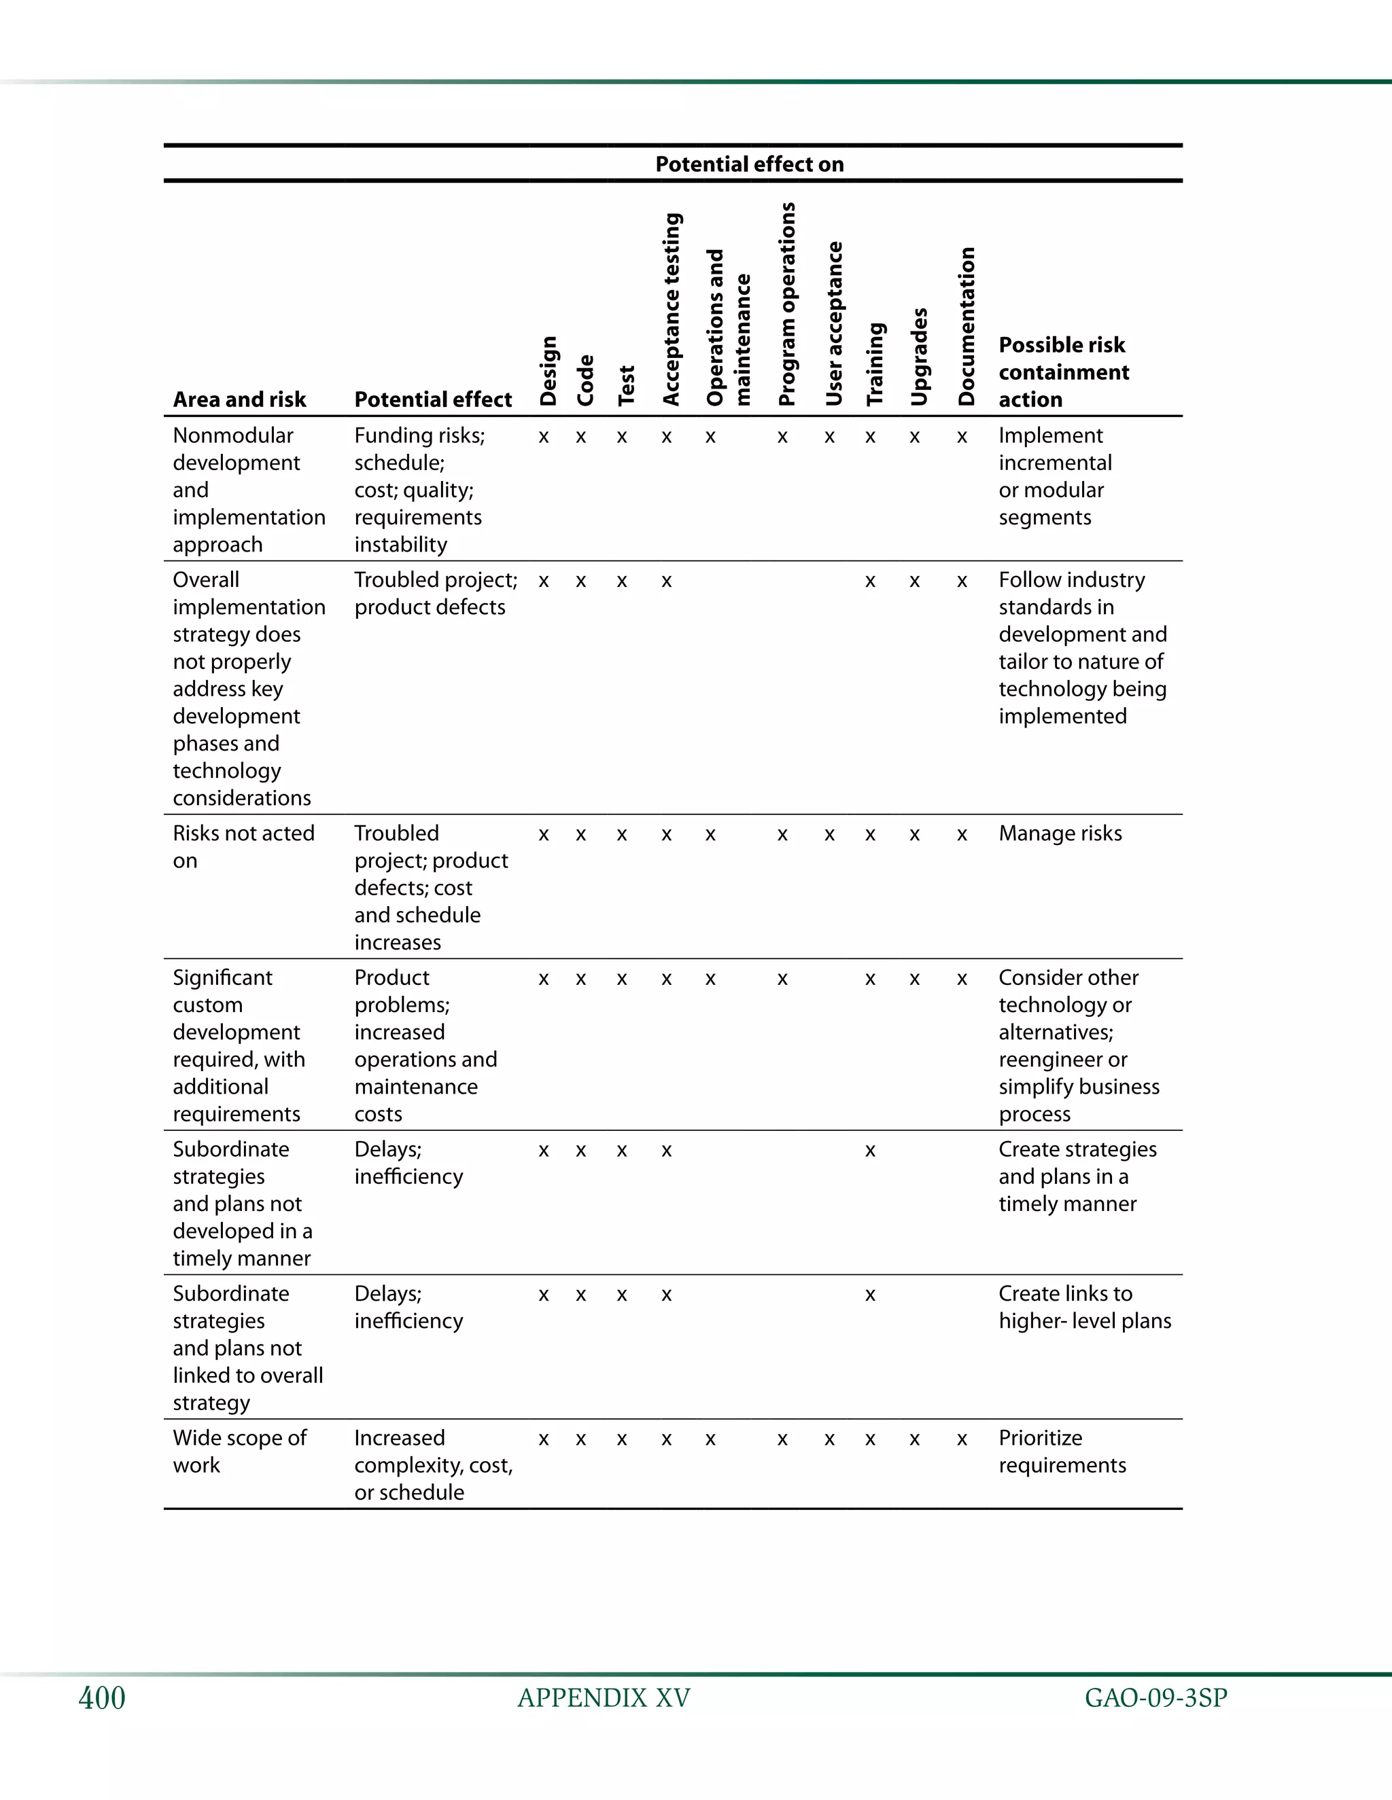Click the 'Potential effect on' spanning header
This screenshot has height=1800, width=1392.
(749, 164)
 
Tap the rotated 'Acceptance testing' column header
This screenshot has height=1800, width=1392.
(672, 309)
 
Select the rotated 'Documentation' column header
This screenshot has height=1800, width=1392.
(967, 326)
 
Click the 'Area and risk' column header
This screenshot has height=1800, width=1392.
(239, 399)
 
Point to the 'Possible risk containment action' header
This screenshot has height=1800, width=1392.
(1063, 372)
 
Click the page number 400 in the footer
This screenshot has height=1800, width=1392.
(101, 1698)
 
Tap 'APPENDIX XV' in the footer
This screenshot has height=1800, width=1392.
(603, 1698)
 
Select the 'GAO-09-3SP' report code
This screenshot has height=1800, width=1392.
(1155, 1698)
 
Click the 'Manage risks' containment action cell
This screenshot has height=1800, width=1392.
(1060, 833)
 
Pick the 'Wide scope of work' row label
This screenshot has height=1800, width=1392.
(239, 1451)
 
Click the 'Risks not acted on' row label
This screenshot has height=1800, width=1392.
(243, 846)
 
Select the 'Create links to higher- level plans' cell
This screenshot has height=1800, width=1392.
(1083, 1306)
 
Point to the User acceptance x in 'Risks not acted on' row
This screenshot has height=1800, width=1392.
(830, 835)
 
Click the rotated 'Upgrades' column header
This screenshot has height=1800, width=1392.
(919, 356)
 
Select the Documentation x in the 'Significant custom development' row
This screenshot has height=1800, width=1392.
(962, 979)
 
